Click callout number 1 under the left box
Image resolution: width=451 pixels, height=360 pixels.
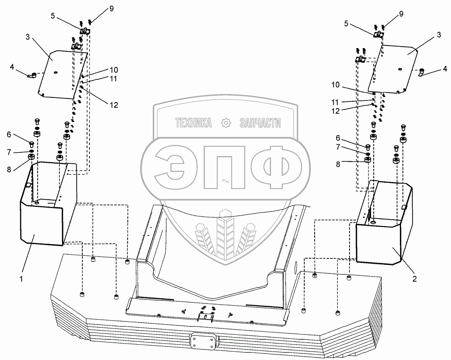[22, 279]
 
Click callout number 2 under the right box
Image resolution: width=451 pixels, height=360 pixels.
[414, 279]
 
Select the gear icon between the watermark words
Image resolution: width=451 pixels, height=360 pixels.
[225, 123]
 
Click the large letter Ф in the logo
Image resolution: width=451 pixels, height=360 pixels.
[270, 168]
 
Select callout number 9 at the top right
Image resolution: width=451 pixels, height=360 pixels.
[401, 14]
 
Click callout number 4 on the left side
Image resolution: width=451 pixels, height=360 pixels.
[12, 67]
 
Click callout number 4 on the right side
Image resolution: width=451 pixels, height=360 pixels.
[445, 69]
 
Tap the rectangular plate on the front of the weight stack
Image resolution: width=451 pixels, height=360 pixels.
[204, 342]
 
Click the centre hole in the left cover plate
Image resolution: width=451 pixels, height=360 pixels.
[56, 72]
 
